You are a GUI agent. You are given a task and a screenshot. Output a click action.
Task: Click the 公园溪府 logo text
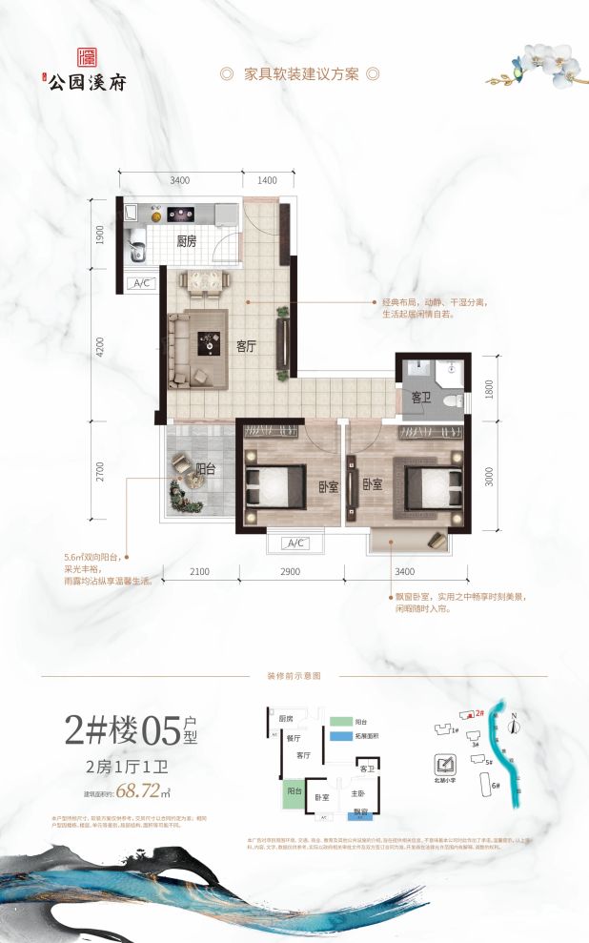[x=92, y=81]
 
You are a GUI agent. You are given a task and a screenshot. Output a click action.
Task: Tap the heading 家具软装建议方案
[x=299, y=74]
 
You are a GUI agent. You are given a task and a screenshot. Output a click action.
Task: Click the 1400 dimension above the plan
[x=266, y=180]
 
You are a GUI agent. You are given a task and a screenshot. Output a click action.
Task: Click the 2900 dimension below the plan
[x=291, y=571]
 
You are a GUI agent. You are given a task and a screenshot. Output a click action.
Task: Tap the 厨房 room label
[x=188, y=242]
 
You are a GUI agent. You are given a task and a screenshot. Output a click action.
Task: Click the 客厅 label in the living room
[x=248, y=346]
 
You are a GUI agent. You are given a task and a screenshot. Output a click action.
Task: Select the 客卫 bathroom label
[x=421, y=396]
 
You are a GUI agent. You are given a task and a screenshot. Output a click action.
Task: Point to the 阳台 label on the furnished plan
[x=205, y=468]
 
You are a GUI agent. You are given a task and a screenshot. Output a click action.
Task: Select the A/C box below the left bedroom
[x=294, y=543]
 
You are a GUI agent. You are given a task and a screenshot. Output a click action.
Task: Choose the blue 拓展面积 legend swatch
[x=340, y=736]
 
